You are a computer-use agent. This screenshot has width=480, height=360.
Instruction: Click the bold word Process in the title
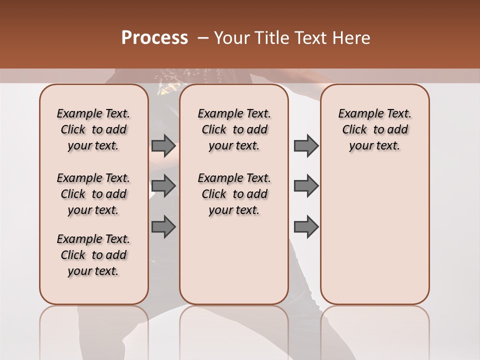tap(154, 37)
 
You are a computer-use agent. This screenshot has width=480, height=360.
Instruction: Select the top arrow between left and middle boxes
tap(163, 145)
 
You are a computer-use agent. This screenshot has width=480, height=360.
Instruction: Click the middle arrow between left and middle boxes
tap(163, 186)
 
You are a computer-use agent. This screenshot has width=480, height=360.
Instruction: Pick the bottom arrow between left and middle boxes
tap(163, 226)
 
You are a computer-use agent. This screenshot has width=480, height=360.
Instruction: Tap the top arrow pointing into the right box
tap(306, 145)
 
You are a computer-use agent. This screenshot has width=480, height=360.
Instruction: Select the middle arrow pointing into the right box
tap(306, 186)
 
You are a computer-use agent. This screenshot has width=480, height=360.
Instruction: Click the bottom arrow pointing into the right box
tap(306, 227)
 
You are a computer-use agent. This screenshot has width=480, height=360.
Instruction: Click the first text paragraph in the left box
tap(93, 129)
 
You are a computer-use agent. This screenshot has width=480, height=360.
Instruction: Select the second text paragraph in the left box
tap(93, 194)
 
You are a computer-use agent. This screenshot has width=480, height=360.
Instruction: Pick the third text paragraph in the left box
tap(93, 255)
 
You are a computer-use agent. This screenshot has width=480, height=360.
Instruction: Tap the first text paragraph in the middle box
tap(234, 129)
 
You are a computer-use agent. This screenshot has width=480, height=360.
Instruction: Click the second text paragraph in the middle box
tap(234, 194)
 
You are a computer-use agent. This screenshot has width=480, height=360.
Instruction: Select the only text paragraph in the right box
tap(374, 129)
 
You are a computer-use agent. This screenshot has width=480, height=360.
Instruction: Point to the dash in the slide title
tap(203, 38)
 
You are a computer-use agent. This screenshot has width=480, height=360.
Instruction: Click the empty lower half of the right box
tap(374, 240)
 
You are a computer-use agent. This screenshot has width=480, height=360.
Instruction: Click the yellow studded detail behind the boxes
tap(165, 89)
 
